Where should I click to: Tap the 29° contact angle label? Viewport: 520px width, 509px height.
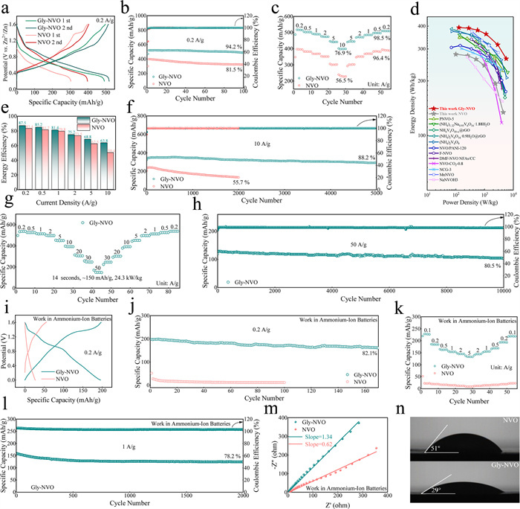424,487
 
